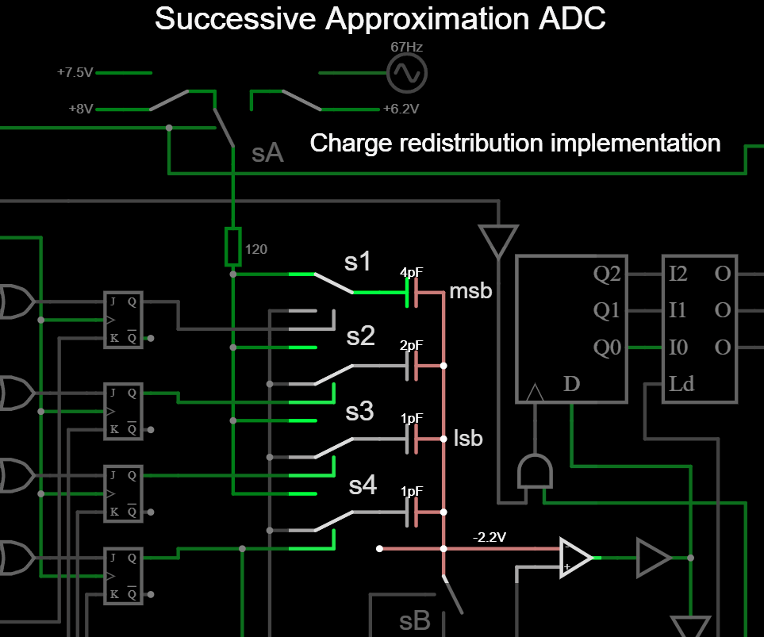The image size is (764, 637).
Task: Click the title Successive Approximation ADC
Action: [x=380, y=19]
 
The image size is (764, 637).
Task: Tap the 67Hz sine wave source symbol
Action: [x=406, y=74]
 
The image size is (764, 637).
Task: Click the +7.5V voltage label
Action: [x=75, y=72]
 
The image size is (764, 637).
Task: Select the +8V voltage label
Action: [x=80, y=109]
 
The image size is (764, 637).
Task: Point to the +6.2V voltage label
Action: [x=401, y=109]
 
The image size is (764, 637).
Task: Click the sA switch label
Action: [x=267, y=153]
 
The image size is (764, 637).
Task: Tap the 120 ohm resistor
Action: [x=232, y=246]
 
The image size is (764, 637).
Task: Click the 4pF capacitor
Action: [x=413, y=293]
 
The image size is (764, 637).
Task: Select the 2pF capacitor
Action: [x=413, y=366]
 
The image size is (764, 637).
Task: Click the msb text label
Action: [x=470, y=291]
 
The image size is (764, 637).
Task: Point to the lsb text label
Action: [x=467, y=438]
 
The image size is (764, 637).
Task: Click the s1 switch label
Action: [x=358, y=260]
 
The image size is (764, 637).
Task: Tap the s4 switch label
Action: [x=363, y=485]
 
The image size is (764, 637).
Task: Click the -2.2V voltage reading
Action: [x=489, y=537]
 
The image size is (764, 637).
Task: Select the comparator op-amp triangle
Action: [x=575, y=558]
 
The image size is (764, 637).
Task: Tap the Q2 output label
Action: [x=607, y=274]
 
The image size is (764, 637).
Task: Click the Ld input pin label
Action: [x=681, y=385]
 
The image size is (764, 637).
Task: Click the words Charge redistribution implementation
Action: [x=515, y=144]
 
